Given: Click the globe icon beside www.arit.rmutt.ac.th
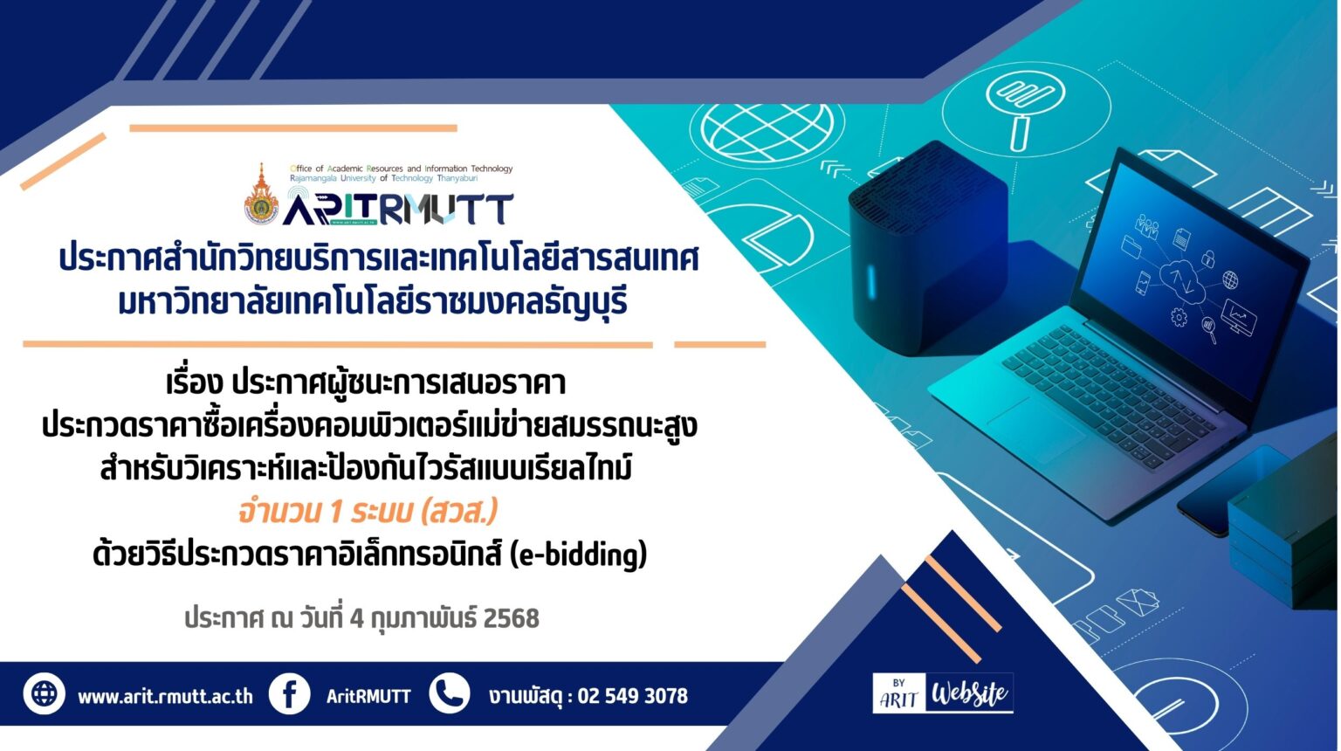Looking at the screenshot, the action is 45,693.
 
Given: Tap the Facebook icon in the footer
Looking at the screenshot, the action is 289,694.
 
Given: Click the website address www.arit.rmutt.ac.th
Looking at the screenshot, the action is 165,696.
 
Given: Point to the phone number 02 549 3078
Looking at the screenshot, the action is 633,696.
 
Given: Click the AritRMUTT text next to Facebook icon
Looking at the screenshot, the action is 368,696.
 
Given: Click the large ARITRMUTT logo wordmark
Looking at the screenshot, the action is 397,208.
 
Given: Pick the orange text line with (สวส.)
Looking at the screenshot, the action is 368,512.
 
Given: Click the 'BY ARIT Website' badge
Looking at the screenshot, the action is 943,692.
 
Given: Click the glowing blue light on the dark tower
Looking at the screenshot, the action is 871,281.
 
